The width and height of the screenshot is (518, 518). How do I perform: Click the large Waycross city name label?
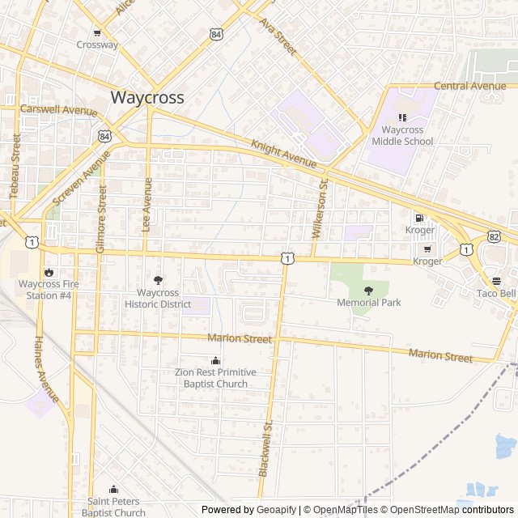click(146, 98)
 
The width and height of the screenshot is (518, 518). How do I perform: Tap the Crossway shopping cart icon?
click(97, 32)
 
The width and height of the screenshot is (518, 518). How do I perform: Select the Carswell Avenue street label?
click(58, 109)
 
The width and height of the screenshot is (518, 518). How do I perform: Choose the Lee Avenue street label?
click(147, 205)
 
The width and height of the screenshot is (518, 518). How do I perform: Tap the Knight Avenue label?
click(283, 154)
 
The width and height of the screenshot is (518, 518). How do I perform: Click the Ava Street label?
click(278, 37)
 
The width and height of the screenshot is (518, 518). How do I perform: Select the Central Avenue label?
click(469, 86)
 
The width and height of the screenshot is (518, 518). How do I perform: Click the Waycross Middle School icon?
click(402, 117)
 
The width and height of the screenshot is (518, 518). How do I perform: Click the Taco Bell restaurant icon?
click(496, 281)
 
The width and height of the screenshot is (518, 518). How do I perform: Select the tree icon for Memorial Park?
click(369, 291)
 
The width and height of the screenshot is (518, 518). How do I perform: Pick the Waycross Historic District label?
click(158, 299)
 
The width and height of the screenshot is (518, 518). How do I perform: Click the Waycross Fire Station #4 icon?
click(49, 273)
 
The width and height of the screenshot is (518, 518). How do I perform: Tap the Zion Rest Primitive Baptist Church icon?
click(215, 360)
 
